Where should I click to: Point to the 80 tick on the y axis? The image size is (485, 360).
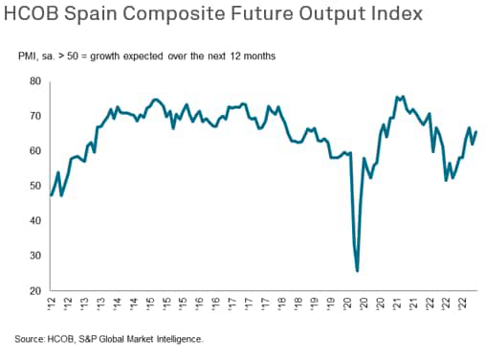click(x=35, y=81)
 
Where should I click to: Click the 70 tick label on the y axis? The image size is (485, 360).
click(x=35, y=116)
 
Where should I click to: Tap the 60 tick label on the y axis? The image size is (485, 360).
click(x=35, y=151)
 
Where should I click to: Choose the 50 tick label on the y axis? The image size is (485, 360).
click(x=35, y=186)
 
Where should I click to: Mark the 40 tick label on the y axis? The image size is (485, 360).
click(x=35, y=220)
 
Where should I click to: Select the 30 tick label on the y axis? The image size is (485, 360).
click(x=35, y=256)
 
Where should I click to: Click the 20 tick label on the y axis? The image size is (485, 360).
click(x=35, y=290)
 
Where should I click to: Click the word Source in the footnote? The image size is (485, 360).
click(x=30, y=339)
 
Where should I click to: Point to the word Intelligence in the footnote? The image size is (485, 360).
click(x=178, y=339)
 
